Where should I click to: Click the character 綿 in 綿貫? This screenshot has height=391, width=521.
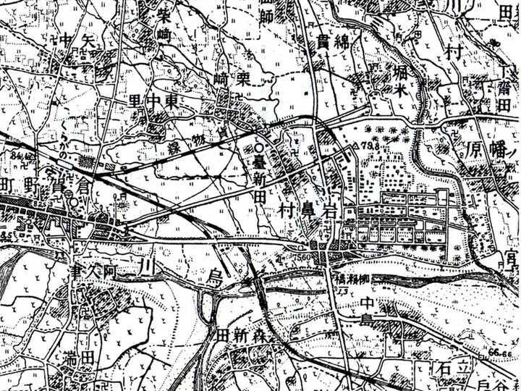pos(342,41)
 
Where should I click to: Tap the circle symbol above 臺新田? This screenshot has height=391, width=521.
pos(258,148)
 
